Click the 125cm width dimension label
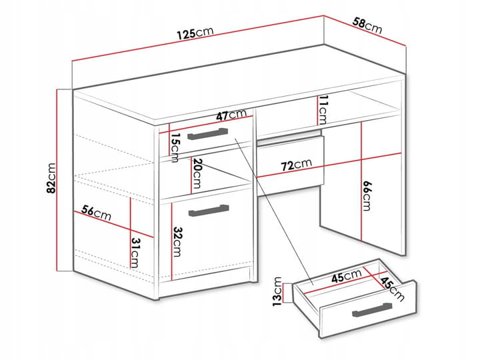coord(195,33)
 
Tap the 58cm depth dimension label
coord(367,26)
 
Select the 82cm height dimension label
coord(51,178)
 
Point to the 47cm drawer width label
coord(231,115)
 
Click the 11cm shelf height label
coord(323,109)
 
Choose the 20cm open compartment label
coord(197,173)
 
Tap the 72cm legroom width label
coord(296,165)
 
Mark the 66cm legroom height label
coord(367,195)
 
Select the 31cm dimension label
coord(135,253)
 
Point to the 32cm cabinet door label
coord(177,241)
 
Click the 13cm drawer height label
coord(277,292)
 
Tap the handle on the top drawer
coord(208,134)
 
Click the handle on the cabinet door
coord(209,211)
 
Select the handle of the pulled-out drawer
coord(372,310)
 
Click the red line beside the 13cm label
coord(284,293)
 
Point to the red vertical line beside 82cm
coord(57,180)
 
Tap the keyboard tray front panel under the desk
coord(290,161)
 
